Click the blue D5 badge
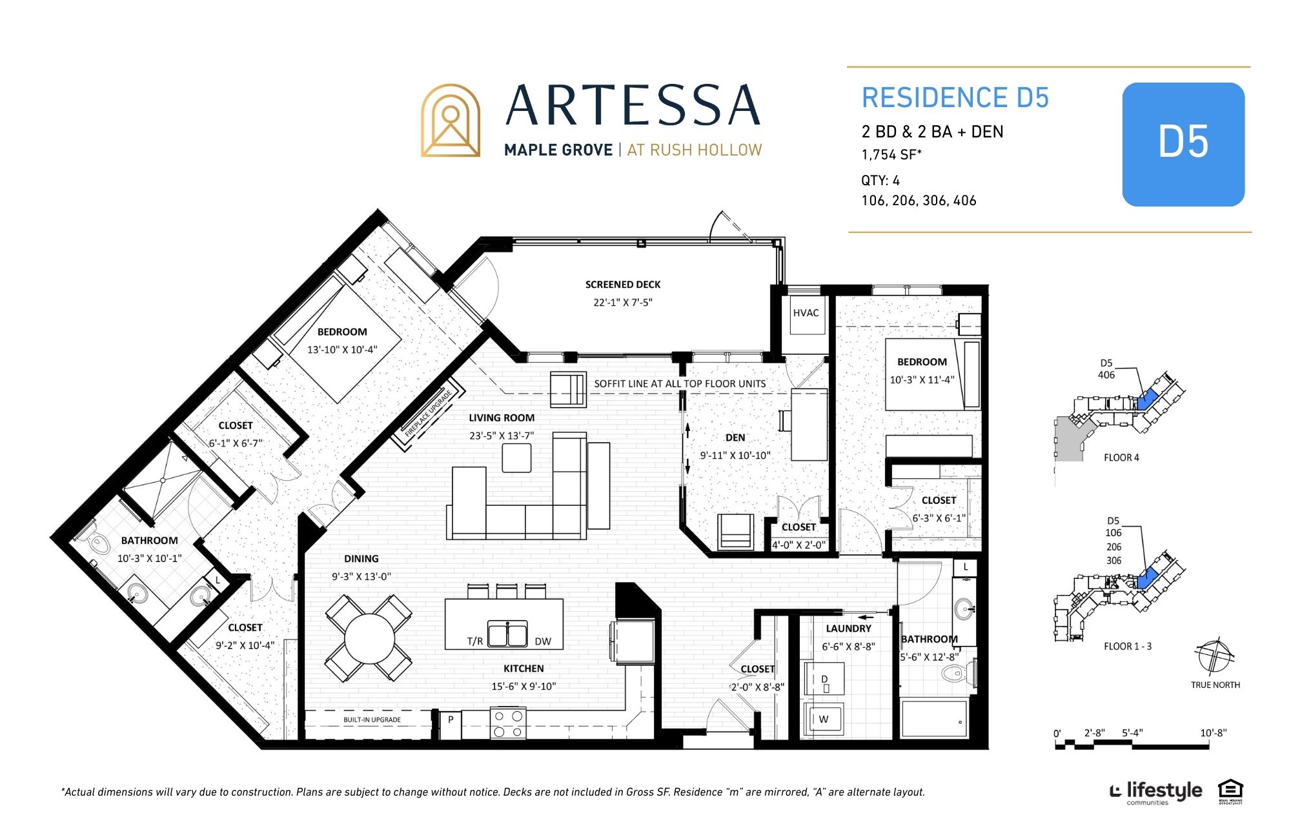point(1183,144)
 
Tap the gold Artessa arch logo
point(451,121)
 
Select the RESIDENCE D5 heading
point(955,98)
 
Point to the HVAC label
point(806,313)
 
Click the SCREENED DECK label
point(623,285)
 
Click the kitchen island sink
point(507,634)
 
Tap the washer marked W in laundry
point(823,718)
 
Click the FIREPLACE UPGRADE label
point(427,414)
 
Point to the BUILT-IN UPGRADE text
point(372,719)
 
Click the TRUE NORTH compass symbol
point(1215,656)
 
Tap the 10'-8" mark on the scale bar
point(1213,733)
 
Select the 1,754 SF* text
point(891,155)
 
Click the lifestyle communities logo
point(1155,793)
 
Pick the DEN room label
point(735,438)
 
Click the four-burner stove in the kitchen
point(508,723)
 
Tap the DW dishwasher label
point(543,641)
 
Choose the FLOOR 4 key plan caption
point(1121,458)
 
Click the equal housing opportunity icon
point(1230,792)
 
